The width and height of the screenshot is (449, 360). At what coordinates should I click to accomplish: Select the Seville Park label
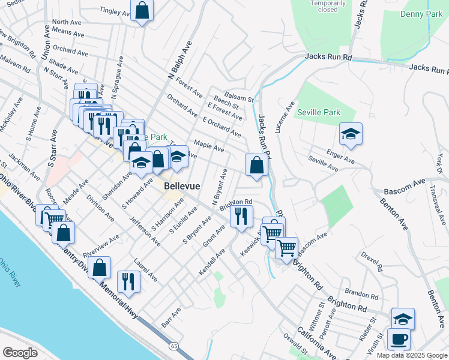click(318, 112)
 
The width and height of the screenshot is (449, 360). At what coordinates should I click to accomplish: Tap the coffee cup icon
click(399, 339)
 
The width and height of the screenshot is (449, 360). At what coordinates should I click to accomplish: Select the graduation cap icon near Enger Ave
click(351, 134)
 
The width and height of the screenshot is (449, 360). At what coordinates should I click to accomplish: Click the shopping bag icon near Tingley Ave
click(142, 10)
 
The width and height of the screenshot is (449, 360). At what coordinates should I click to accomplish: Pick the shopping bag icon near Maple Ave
click(256, 165)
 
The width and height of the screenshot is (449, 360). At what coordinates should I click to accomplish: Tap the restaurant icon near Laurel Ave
click(128, 281)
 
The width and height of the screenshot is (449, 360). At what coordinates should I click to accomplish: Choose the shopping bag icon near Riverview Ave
click(101, 267)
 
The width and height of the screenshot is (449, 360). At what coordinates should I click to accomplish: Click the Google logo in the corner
click(20, 352)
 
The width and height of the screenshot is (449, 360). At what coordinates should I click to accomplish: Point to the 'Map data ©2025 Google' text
click(411, 355)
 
